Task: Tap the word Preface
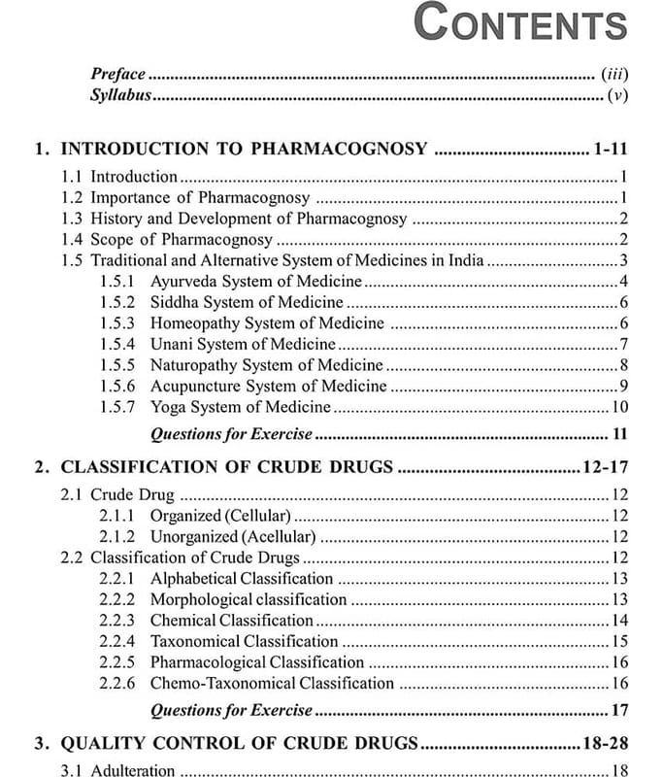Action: click(117, 74)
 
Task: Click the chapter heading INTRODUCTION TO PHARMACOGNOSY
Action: click(244, 149)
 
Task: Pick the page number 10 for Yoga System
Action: click(619, 407)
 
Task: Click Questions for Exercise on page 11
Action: click(231, 433)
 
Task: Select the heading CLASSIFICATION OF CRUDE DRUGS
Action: click(227, 467)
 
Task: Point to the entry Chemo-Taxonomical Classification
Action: click(272, 683)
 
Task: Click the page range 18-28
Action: click(604, 744)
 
